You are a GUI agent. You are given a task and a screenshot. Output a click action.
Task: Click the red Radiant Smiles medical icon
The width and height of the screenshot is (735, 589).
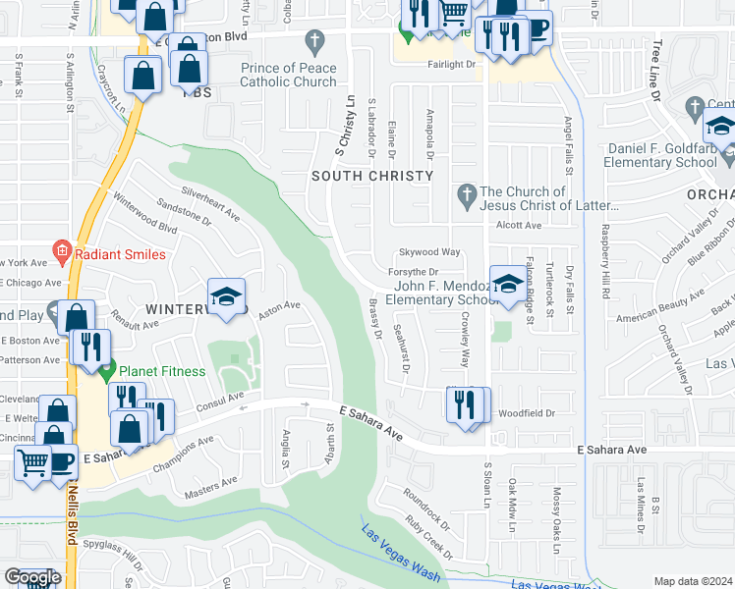pyautogui.click(x=62, y=253)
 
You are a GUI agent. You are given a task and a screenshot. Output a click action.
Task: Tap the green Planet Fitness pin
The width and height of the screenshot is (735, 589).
pyautogui.click(x=107, y=371)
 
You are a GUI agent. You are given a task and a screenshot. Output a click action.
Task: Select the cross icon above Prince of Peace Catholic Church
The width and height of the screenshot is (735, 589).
pyautogui.click(x=314, y=42)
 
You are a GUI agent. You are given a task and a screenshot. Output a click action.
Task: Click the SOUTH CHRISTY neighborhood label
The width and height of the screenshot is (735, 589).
pyautogui.click(x=371, y=176)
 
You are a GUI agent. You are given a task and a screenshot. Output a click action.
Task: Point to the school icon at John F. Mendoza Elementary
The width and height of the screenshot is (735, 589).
pyautogui.click(x=507, y=285)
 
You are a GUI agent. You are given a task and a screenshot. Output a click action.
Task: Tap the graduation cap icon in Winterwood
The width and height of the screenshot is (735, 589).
pyautogui.click(x=225, y=297)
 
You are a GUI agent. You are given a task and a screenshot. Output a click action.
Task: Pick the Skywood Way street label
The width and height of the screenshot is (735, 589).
pyautogui.click(x=429, y=252)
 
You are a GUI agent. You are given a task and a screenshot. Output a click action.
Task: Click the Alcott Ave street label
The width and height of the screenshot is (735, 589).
pyautogui.click(x=519, y=225)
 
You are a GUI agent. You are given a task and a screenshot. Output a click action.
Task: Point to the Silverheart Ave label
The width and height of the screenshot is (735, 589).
pyautogui.click(x=210, y=201)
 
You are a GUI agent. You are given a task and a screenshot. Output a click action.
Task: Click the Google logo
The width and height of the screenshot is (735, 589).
pyautogui.click(x=32, y=577)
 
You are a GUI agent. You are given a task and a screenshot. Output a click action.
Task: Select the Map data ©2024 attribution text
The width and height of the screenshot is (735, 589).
pyautogui.click(x=692, y=581)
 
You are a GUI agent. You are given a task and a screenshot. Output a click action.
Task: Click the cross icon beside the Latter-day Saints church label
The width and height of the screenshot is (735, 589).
pyautogui.click(x=467, y=197)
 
